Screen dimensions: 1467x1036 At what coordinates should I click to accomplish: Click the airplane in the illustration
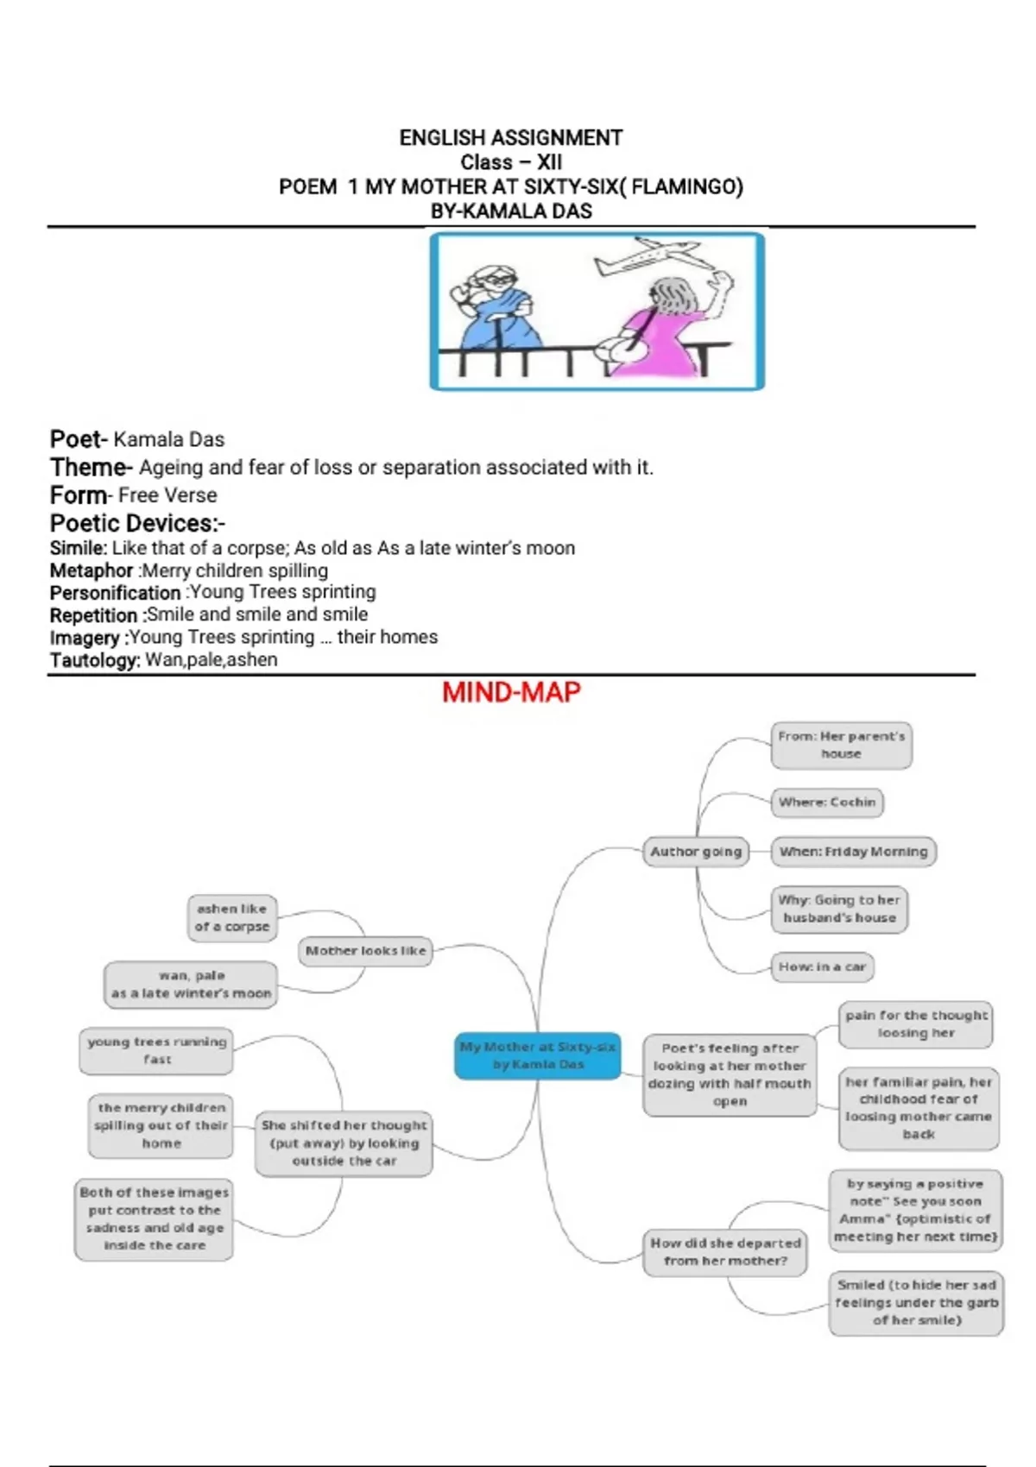pos(647,256)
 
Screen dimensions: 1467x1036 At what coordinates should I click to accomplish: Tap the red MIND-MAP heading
pos(511,692)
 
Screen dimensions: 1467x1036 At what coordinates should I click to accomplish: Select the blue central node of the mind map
pos(537,1055)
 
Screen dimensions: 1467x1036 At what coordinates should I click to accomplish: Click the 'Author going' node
pos(696,852)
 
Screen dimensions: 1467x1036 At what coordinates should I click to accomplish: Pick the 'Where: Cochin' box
pos(827,803)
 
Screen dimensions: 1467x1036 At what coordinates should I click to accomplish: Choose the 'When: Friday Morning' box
pos(853,852)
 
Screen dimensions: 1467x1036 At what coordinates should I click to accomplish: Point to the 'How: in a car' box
pos(822,966)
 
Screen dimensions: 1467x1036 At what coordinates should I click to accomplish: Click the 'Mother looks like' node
pos(365,951)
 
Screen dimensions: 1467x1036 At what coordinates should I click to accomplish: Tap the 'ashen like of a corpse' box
pos(232,917)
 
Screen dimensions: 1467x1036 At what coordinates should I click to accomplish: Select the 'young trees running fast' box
pos(156,1050)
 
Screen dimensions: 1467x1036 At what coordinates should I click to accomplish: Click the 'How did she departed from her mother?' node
pos(725,1252)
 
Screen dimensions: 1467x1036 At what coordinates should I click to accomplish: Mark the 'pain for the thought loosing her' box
pos(916,1024)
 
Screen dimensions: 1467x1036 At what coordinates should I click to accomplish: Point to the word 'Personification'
pos(115,593)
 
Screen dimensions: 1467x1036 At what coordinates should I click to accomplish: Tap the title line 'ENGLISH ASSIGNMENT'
pos(510,138)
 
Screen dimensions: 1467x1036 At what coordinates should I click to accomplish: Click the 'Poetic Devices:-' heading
pos(137,523)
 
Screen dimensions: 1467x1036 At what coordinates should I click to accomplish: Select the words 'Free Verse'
pos(167,495)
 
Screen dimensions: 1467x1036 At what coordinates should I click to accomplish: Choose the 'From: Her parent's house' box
pos(841,745)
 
